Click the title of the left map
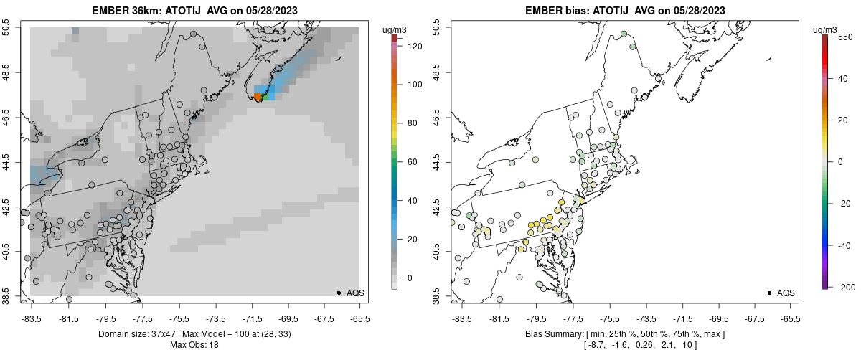coord(194,11)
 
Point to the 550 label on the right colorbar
coord(844,37)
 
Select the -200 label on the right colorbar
coord(846,287)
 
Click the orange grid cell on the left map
coord(258,97)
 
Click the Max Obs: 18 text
coord(194,345)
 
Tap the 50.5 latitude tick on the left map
coord(6,28)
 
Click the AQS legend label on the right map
coord(786,293)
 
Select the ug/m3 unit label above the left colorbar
coord(395,29)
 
